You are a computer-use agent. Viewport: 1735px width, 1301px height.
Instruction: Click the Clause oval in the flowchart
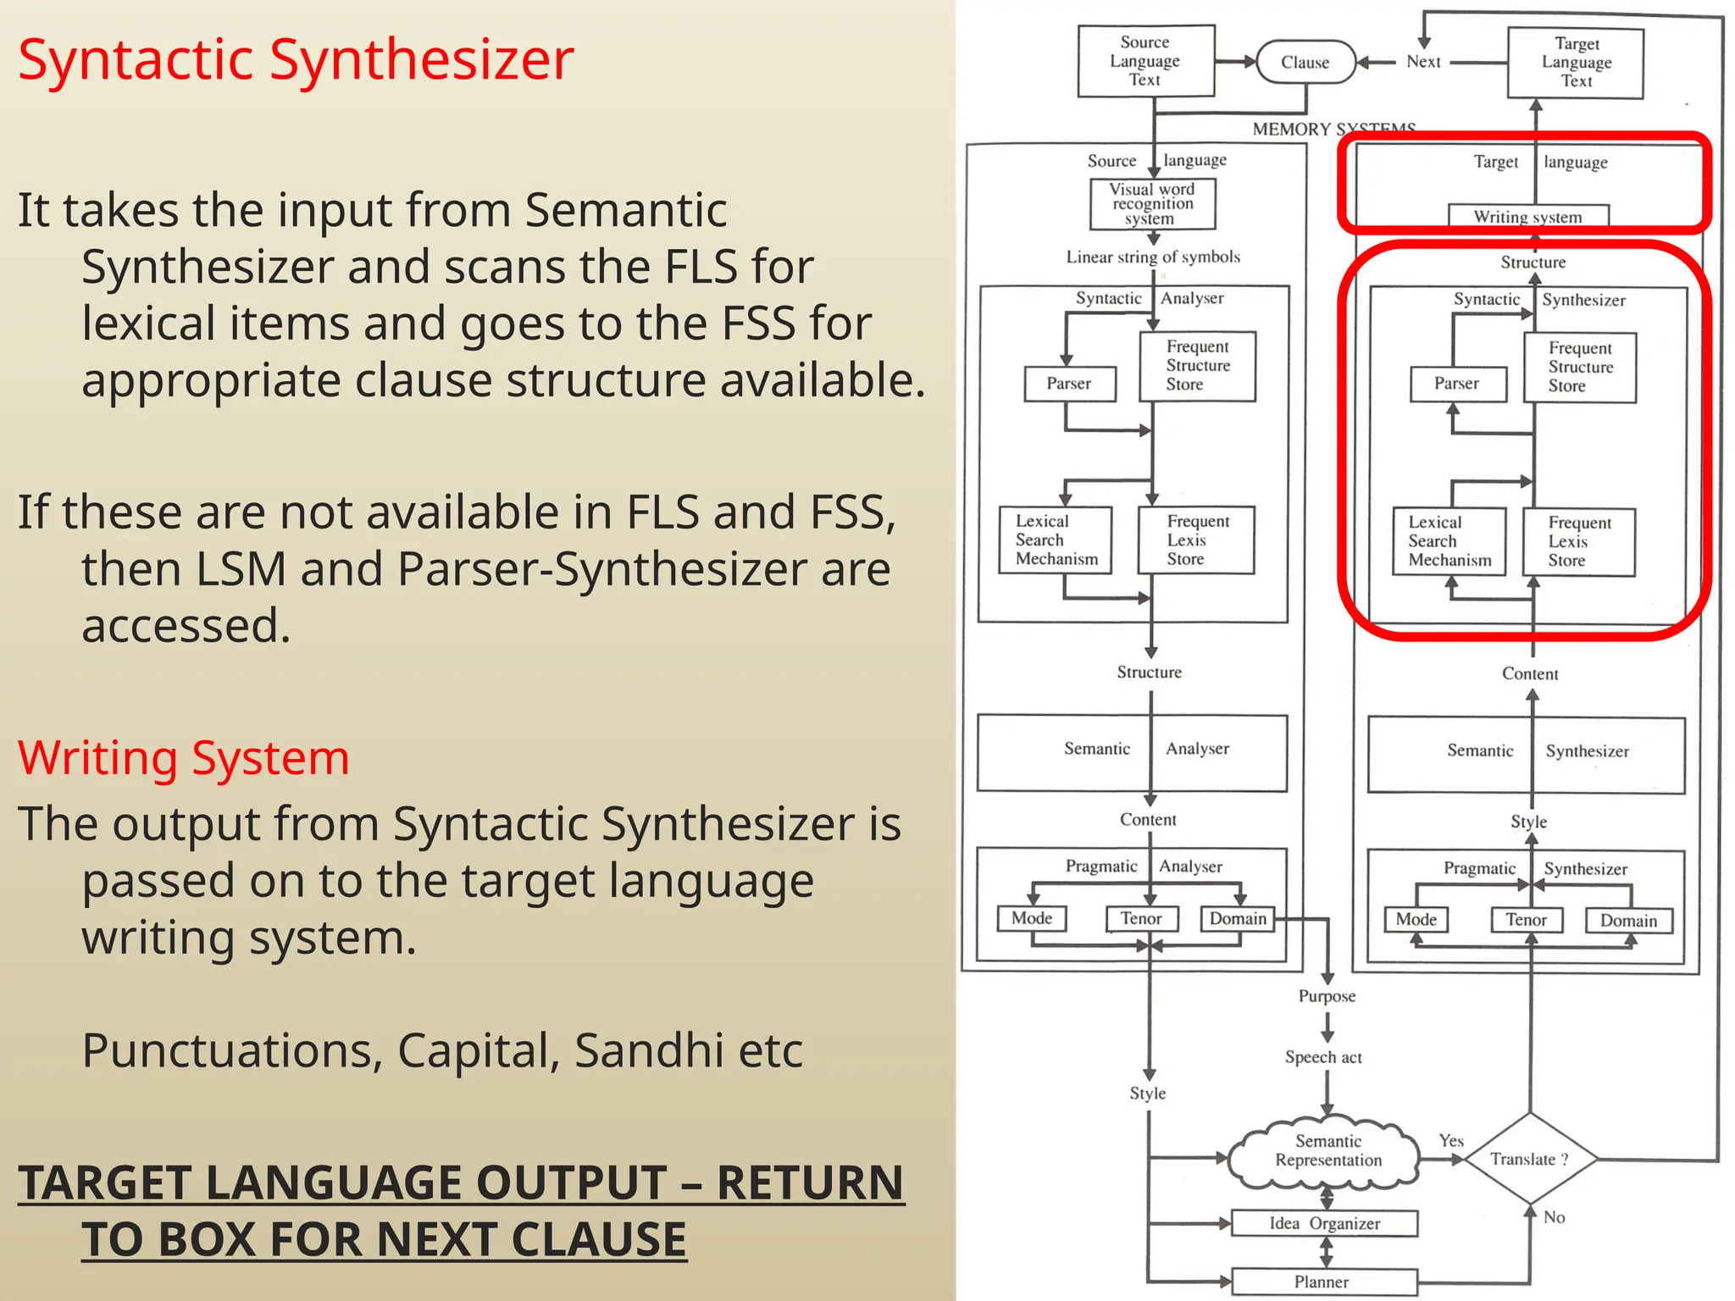click(1305, 62)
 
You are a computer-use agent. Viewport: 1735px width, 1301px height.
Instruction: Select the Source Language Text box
click(1145, 61)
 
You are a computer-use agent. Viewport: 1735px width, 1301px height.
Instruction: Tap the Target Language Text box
click(1576, 63)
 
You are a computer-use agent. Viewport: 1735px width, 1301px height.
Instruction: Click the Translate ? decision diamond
click(1529, 1159)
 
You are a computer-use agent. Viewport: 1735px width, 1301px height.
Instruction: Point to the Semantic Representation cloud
click(1327, 1152)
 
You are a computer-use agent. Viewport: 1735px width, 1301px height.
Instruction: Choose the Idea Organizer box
click(1324, 1223)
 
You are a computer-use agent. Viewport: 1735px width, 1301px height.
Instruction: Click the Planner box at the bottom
click(1322, 1282)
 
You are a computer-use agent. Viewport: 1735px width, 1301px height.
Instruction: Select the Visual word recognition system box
click(1152, 204)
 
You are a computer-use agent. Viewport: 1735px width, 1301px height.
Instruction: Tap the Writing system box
click(1527, 216)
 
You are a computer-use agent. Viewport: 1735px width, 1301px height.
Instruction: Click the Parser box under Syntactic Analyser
click(1069, 384)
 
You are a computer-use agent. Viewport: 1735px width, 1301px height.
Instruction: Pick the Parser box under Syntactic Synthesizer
click(1457, 384)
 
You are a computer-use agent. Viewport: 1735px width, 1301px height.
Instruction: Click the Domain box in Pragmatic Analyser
click(1238, 919)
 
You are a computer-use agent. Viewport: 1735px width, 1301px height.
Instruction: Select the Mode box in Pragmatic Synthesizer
click(1416, 920)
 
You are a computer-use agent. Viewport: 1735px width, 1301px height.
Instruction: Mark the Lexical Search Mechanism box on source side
click(1056, 540)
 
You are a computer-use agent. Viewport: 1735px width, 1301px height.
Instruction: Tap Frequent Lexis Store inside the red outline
click(1578, 542)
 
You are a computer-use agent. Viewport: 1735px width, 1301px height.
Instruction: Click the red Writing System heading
click(183, 757)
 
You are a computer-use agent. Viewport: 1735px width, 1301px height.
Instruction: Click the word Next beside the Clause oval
click(1423, 62)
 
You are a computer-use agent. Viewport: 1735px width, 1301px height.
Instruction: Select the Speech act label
click(1323, 1057)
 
